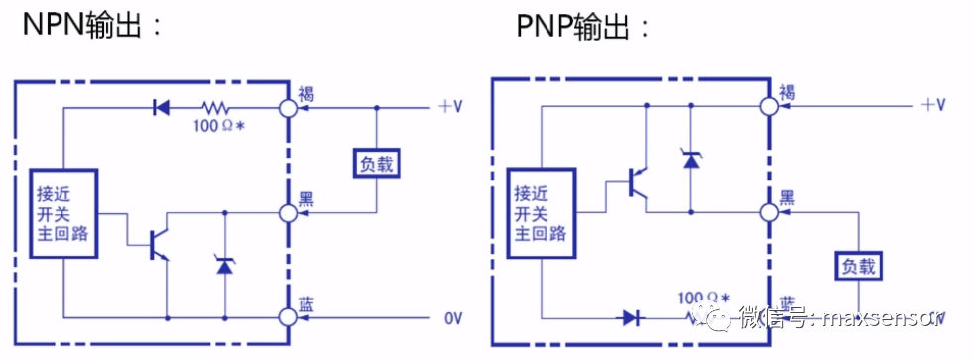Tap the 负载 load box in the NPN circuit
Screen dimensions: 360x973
[375, 163]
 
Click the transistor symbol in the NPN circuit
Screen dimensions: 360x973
[156, 244]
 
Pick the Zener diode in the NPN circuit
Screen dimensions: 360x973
[224, 264]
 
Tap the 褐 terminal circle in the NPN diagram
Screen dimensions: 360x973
[289, 108]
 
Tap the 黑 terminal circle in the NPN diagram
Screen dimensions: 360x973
[289, 211]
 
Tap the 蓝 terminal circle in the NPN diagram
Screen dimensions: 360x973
[289, 316]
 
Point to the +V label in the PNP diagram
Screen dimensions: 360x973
[932, 105]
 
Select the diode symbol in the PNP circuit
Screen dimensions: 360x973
[631, 317]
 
